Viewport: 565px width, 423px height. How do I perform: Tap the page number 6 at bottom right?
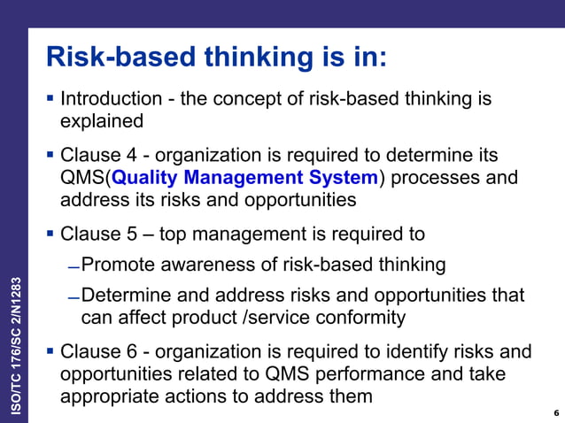point(555,412)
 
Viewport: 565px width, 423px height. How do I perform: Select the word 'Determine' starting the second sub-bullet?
point(126,295)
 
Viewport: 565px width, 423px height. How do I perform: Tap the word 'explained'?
point(100,119)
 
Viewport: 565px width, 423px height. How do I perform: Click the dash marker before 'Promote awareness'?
point(74,266)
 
